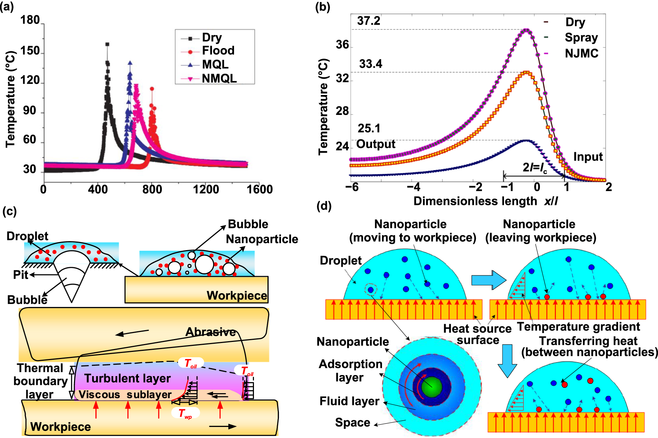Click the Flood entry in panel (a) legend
point(218,51)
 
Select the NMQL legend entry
point(219,79)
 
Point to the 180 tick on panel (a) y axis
point(30,20)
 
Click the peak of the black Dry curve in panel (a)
point(107,44)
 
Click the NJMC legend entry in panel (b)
point(581,53)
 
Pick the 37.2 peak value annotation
point(368,21)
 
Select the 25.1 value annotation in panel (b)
point(369,128)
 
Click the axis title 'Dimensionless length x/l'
point(485,201)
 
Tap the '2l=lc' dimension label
point(535,167)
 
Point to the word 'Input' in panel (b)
point(588,157)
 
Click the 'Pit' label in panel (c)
point(21,275)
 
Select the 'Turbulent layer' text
point(127,378)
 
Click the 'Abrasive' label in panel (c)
point(211,332)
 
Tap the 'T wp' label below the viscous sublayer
point(185,413)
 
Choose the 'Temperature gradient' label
point(578,327)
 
